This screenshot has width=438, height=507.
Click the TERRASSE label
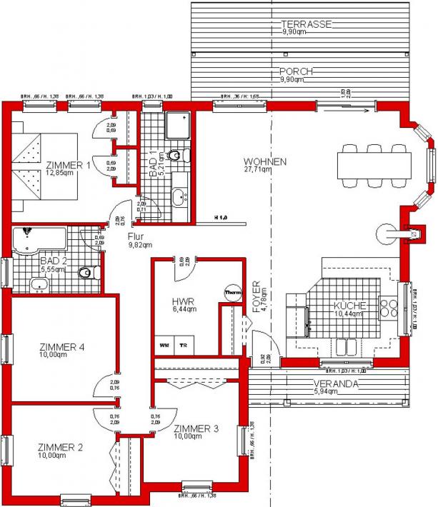(305, 24)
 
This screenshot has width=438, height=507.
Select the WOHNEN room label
(264, 161)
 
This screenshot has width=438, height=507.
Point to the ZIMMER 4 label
(61, 347)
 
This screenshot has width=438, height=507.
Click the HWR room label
(183, 302)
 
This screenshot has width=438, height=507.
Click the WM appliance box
(164, 345)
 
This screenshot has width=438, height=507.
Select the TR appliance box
(183, 345)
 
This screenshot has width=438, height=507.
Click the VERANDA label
(337, 383)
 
